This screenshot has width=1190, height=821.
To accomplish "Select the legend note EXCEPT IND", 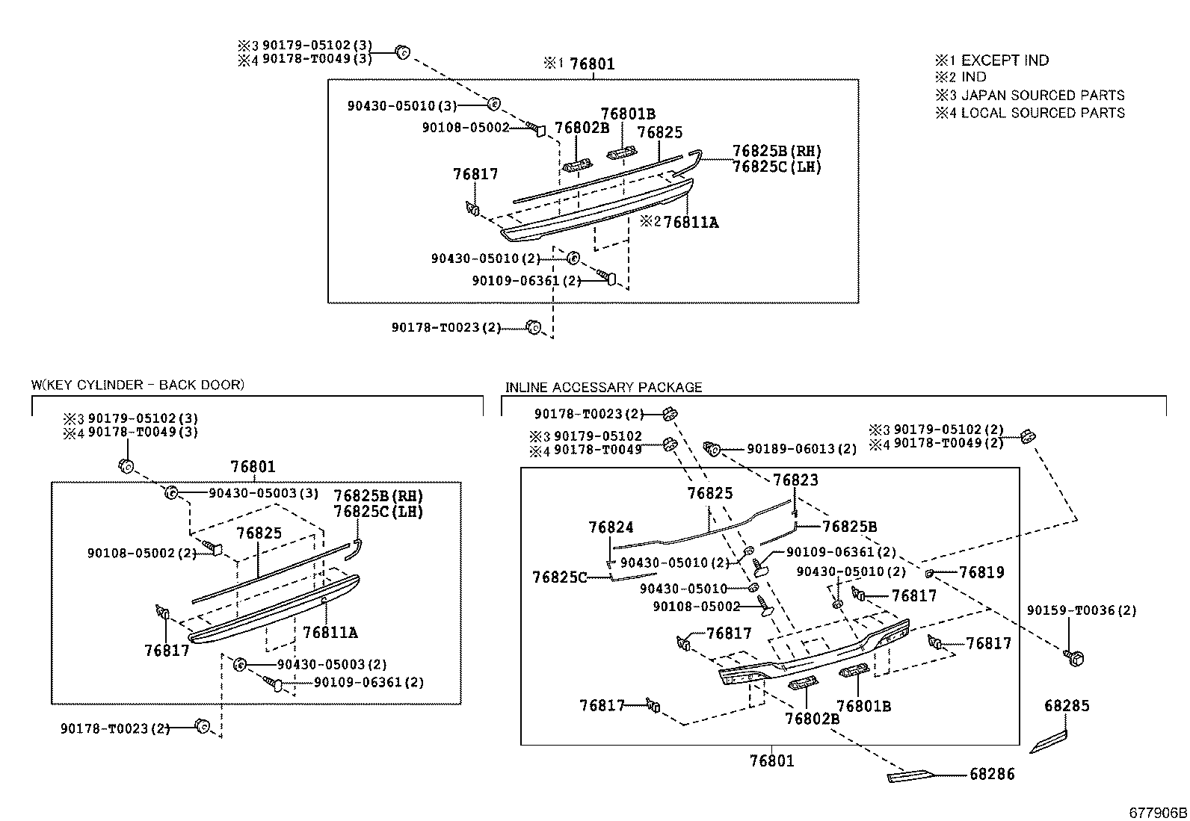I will point(1005,61).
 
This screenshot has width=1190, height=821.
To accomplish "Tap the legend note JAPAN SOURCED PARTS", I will point(1042,95).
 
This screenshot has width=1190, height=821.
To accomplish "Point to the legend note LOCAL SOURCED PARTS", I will point(1042,113).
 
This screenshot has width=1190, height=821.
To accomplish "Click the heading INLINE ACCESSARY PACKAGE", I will point(603,387).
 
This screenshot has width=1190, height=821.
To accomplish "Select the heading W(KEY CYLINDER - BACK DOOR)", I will point(138,385).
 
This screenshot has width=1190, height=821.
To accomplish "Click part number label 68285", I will point(1067,706).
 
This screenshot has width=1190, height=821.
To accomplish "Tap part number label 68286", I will point(992,774).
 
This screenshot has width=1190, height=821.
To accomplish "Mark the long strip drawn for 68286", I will point(910,776).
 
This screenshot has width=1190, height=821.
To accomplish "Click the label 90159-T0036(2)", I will point(1081,610).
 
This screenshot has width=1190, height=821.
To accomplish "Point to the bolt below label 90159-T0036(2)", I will point(1074,657).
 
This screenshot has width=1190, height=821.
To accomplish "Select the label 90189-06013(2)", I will point(801,449).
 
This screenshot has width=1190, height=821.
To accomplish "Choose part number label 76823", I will point(795,480).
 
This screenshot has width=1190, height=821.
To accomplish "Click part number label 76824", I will point(611,527).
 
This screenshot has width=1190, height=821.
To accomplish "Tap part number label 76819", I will point(981,572).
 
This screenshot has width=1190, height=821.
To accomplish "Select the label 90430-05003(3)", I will point(263,493).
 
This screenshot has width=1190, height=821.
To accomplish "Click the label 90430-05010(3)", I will point(402,106).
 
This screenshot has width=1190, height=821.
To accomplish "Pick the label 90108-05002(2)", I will point(141,553).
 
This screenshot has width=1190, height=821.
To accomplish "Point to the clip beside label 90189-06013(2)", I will point(712,449).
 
